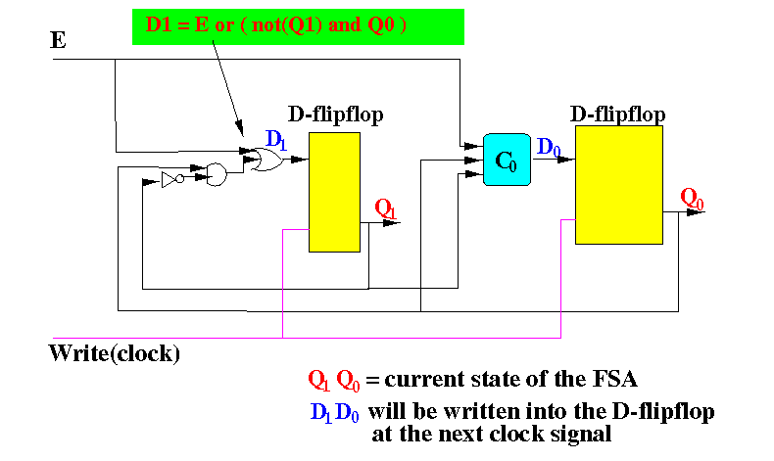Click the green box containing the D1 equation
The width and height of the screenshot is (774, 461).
(298, 26)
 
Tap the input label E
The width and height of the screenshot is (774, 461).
(58, 40)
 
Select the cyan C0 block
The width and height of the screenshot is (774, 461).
(507, 160)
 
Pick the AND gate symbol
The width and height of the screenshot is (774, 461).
(217, 174)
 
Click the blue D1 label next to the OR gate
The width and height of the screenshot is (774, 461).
(276, 140)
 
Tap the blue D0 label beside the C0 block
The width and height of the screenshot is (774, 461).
(549, 147)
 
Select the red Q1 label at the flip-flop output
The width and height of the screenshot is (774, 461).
(385, 208)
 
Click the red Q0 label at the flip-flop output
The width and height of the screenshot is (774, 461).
(692, 199)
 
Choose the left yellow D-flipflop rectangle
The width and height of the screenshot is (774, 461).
(334, 192)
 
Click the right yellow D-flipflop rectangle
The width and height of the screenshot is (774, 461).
(619, 185)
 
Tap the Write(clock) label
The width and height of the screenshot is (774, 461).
(115, 353)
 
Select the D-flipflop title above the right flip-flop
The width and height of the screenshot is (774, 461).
(617, 115)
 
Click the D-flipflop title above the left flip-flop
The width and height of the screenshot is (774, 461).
(336, 115)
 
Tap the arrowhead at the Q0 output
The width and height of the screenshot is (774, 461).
(696, 212)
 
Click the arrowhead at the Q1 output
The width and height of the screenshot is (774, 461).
(393, 223)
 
